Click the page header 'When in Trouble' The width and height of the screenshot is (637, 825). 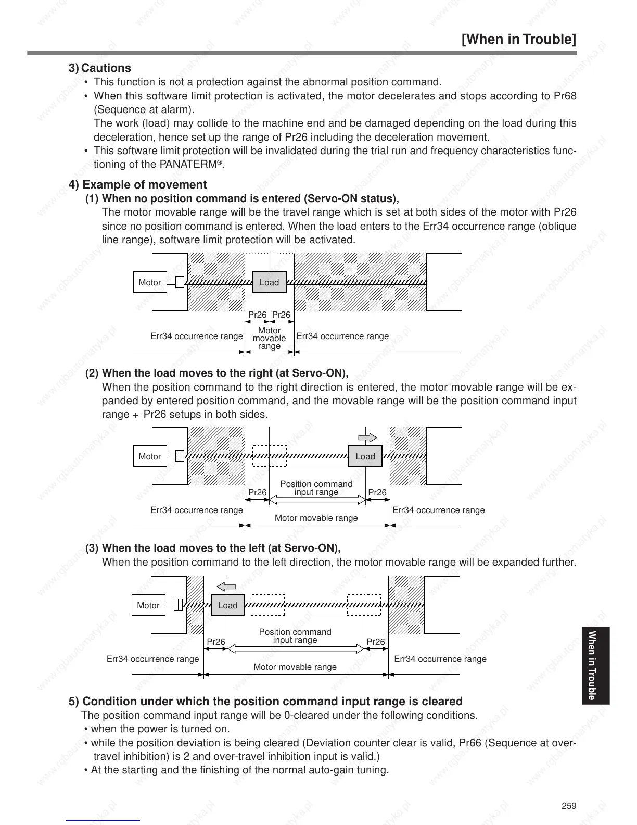tap(519, 40)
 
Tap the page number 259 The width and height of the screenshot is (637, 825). tap(569, 806)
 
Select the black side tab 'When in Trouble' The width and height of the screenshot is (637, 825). tap(592, 665)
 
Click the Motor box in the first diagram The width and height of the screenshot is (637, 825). tap(150, 282)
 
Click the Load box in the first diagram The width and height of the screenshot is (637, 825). tap(269, 282)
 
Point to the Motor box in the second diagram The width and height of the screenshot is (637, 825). tap(150, 456)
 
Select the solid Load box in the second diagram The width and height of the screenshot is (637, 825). tap(365, 456)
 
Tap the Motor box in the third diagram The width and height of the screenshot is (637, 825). tap(148, 605)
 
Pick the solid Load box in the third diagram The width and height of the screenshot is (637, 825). tap(227, 605)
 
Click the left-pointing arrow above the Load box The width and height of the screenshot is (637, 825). tap(226, 586)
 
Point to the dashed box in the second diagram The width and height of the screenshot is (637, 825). tap(270, 456)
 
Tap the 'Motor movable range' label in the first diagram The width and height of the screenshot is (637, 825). tap(269, 338)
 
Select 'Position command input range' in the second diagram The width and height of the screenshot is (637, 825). tap(316, 488)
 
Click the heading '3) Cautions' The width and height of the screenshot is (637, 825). tap(100, 68)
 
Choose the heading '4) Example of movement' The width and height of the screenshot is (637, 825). tap(138, 185)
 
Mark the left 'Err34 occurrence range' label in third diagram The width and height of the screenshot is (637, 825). tap(152, 659)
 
